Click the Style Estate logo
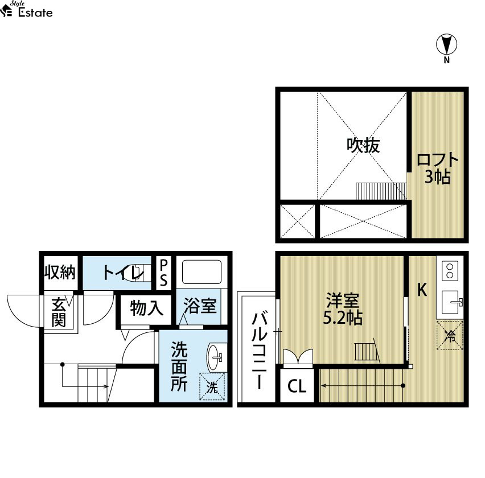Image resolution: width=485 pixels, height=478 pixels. point(26,9)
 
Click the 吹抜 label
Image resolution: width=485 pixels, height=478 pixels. point(363,145)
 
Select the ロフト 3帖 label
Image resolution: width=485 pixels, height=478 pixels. point(437,168)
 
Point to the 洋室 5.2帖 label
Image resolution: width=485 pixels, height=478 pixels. point(343,308)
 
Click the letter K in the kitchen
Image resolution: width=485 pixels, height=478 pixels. point(422,290)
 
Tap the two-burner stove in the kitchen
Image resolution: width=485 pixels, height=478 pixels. point(450,270)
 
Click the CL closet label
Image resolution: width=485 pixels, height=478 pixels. point(297,386)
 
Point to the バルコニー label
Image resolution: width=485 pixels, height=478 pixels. point(259,351)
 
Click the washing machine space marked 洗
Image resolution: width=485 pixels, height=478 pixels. point(212,387)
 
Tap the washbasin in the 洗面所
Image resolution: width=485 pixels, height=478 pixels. point(215,357)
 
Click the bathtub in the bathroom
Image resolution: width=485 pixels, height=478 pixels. point(202,272)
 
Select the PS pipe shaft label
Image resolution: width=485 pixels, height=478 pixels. point(163,273)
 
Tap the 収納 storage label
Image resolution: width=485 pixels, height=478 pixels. point(60,273)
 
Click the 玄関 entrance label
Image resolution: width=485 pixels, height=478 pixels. point(59,312)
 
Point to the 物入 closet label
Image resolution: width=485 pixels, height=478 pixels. point(146,308)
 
